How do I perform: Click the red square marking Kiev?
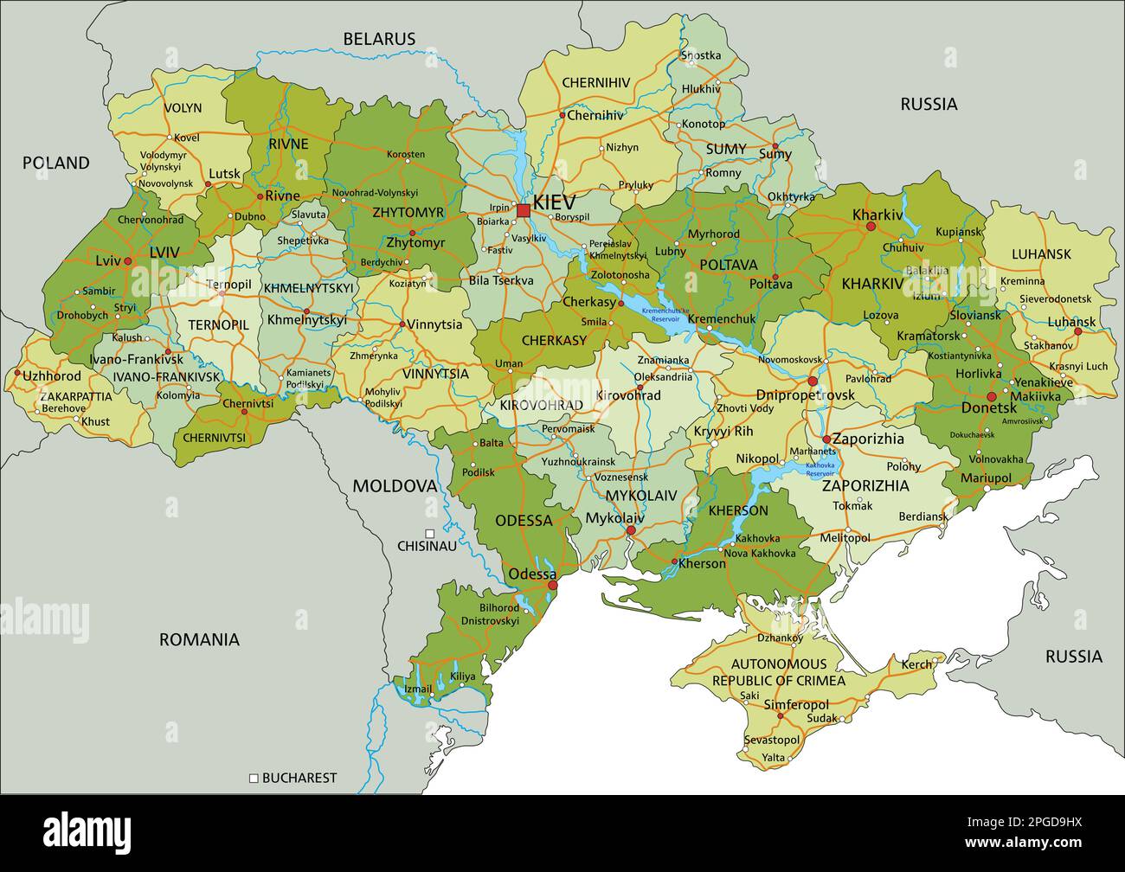point(523,210)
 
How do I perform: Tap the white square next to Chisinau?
point(430,534)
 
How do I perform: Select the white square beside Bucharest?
point(254,778)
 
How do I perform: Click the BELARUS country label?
point(379,39)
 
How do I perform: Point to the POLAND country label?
point(55,163)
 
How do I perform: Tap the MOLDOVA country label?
point(394,486)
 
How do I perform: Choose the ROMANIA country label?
point(199,640)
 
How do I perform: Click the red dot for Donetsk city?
point(992,397)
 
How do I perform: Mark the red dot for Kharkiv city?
point(871,227)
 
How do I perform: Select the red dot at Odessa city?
point(553,586)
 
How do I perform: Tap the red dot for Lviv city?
point(127,260)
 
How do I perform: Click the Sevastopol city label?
point(772,741)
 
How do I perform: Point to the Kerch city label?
point(917,664)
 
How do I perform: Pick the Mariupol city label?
point(986,478)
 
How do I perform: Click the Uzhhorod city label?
point(52,376)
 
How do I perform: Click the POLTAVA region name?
point(728,265)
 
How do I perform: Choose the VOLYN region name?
point(182,108)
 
